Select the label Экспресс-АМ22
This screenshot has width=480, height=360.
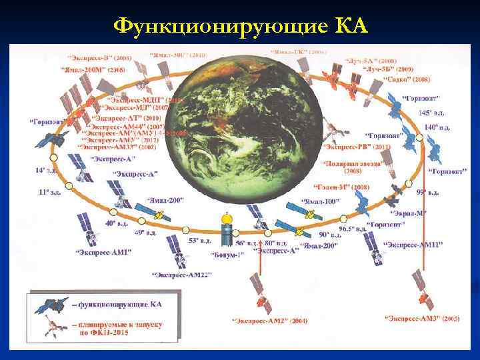tap(181, 275)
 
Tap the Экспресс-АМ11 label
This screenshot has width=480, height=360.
tap(413, 246)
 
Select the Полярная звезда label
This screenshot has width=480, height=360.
tap(352, 163)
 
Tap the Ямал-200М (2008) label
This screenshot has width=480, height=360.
tap(94, 69)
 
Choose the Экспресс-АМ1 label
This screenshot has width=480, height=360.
tap(103, 252)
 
